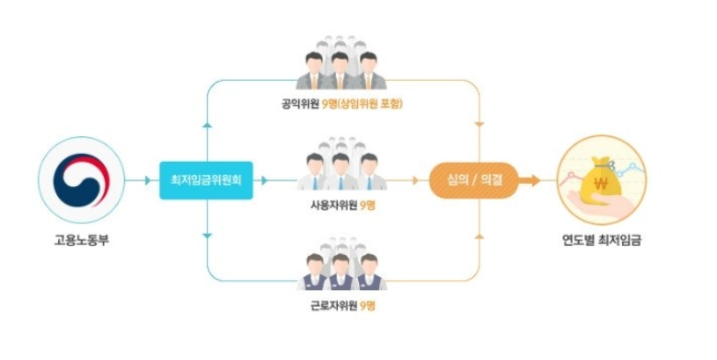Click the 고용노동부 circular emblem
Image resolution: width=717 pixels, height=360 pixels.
pos(80,180)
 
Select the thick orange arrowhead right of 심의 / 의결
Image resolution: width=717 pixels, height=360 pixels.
pos(534,180)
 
